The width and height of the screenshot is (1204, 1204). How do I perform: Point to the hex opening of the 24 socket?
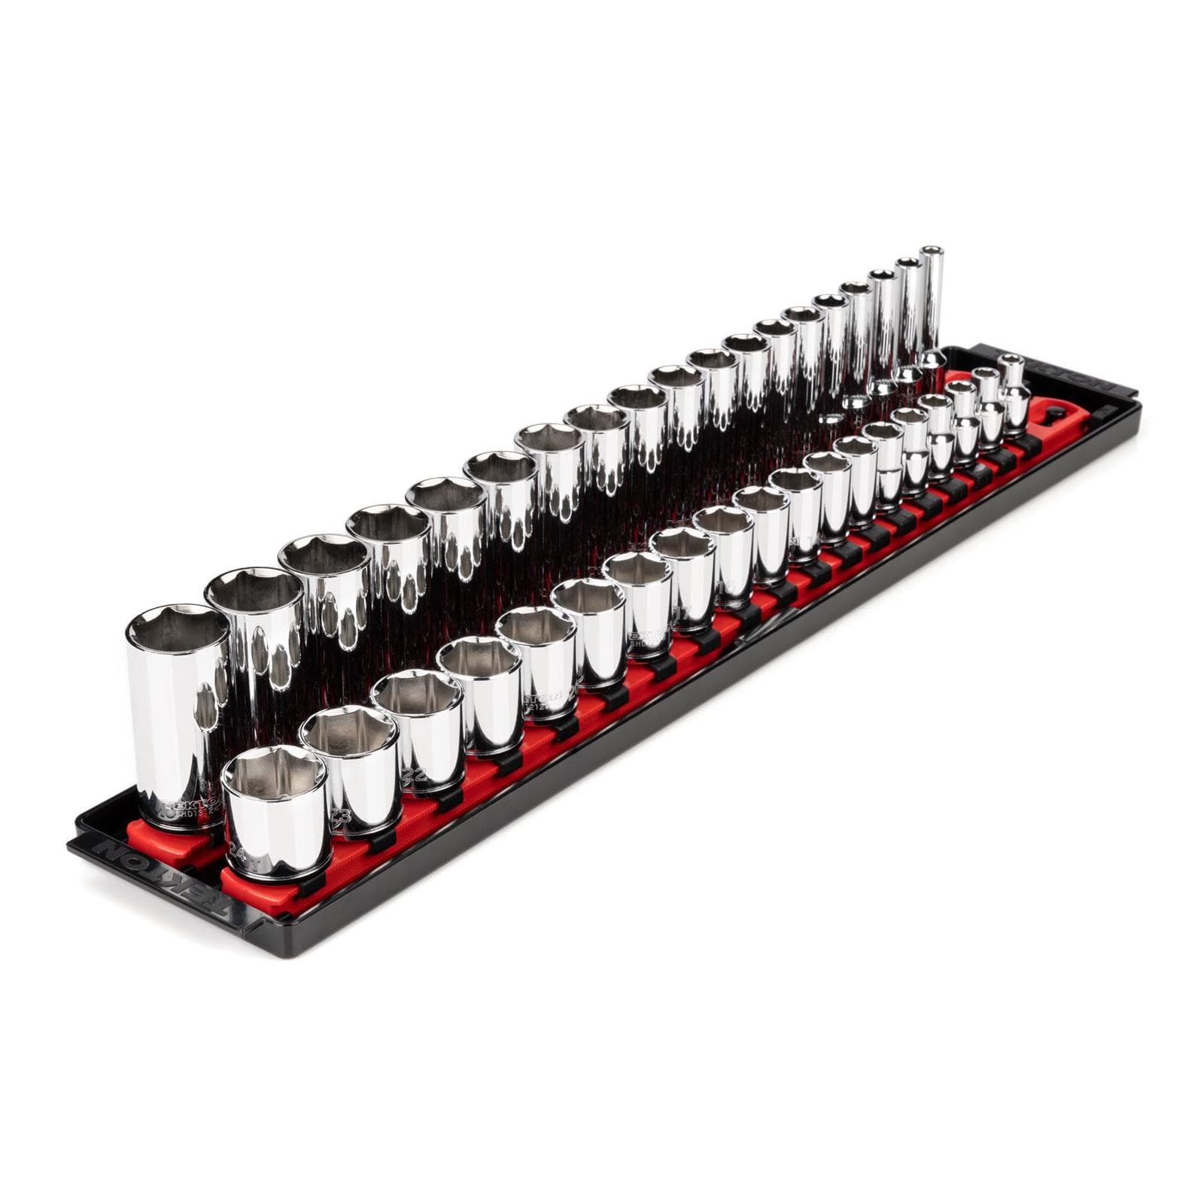pyautogui.click(x=275, y=772)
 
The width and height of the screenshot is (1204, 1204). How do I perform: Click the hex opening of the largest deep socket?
pyautogui.click(x=178, y=628)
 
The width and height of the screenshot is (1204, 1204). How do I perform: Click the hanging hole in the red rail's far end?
pyautogui.click(x=1053, y=412)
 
